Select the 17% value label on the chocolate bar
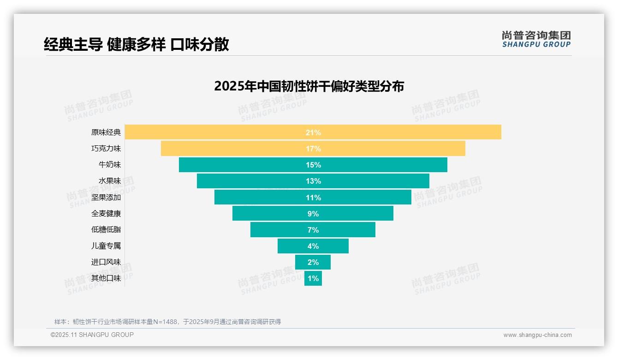313,149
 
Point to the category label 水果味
110,181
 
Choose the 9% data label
313,214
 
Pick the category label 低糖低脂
106,229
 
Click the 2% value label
313,262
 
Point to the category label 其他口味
106,278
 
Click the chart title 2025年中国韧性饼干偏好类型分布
309,86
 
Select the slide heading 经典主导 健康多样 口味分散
137,44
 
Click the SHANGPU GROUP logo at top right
536,39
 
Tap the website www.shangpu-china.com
537,335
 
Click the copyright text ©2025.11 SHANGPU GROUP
92,335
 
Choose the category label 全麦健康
106,214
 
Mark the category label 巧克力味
106,149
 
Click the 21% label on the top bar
313,132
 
